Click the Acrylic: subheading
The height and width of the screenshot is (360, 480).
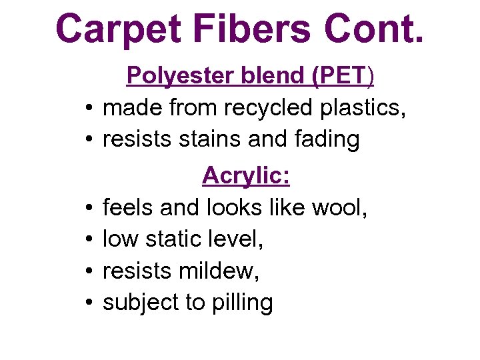pos(246,176)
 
